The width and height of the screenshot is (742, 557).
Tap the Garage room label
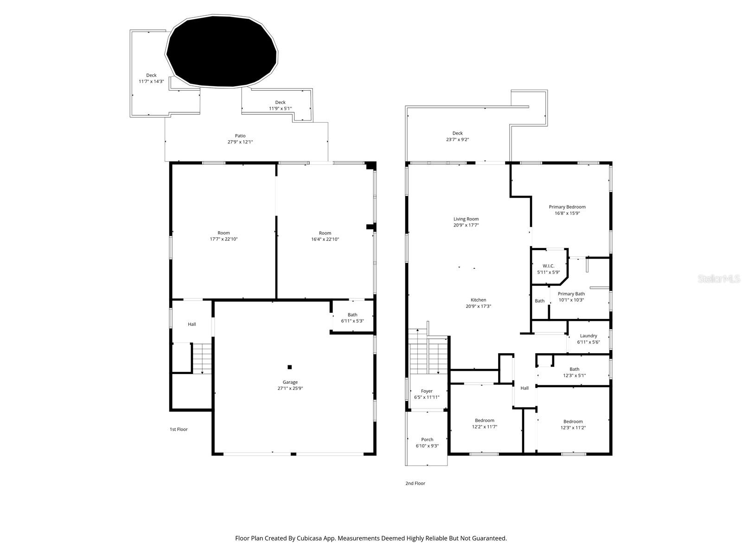point(290,382)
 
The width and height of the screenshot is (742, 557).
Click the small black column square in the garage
point(290,367)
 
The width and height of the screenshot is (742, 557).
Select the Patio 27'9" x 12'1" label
point(240,139)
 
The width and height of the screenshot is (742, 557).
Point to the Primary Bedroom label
point(567,207)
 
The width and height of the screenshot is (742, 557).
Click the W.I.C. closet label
point(548,266)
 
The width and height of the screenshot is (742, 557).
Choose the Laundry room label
point(588,336)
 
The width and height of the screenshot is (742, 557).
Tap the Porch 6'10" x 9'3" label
point(427,442)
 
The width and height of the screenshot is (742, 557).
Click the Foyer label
point(427,391)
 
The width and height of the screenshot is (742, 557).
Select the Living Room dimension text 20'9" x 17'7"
point(466,225)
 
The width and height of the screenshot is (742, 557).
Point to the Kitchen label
point(479,300)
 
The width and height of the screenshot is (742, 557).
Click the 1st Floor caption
point(179,429)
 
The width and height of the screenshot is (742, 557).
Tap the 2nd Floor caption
point(415,483)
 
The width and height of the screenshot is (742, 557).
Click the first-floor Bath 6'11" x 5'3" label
point(352,317)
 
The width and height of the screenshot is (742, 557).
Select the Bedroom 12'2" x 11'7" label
point(485,423)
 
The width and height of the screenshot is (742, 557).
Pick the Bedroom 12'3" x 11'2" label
point(573,424)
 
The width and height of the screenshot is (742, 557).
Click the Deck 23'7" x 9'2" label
point(457,136)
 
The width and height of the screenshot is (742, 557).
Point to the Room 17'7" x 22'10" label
point(224,236)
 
